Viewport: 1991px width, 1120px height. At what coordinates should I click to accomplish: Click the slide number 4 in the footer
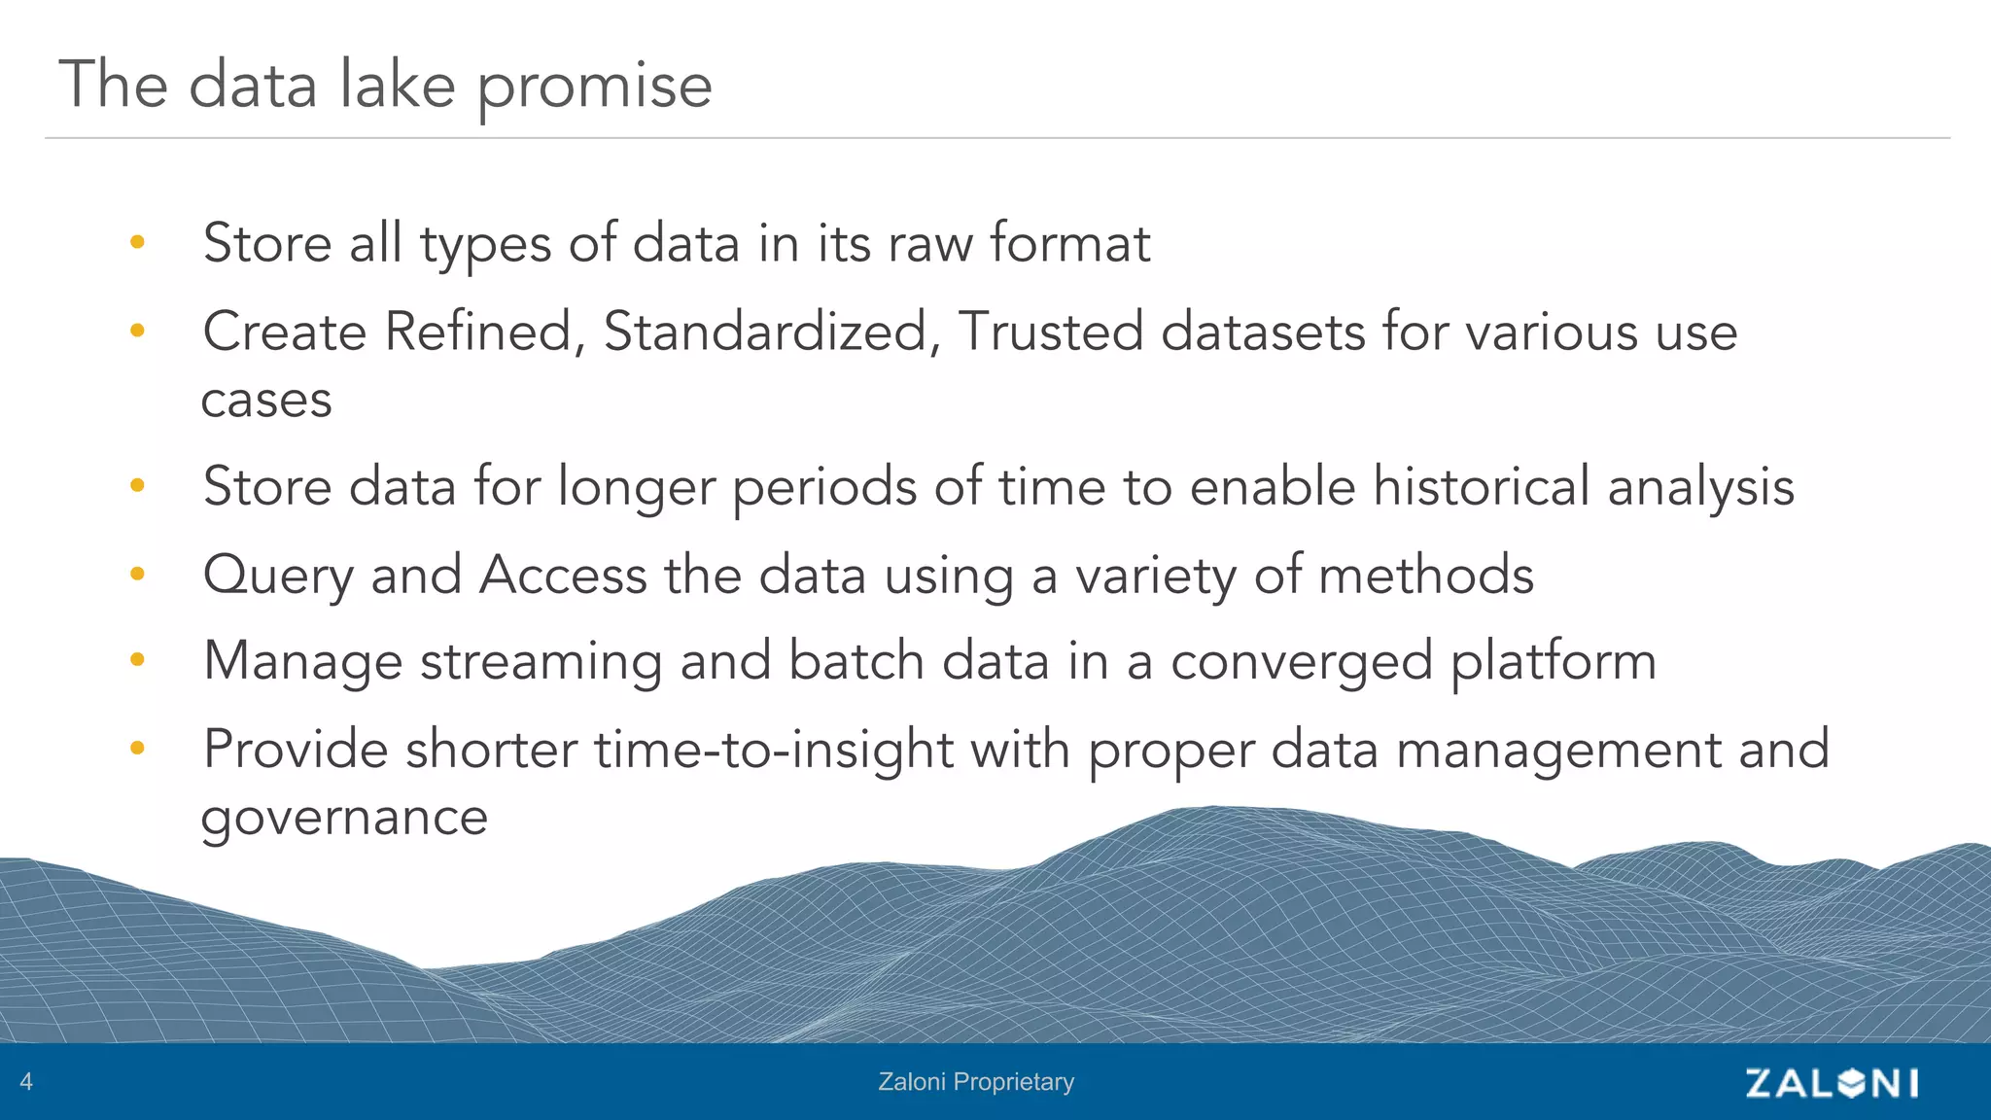coord(26,1081)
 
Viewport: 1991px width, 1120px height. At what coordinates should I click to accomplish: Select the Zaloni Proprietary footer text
coord(976,1081)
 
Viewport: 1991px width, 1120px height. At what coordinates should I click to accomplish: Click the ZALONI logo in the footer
coord(1832,1082)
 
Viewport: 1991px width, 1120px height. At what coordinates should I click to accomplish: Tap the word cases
coord(266,400)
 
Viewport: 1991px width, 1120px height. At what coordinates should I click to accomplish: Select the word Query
coord(278,576)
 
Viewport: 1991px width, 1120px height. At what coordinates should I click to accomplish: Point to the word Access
coord(563,575)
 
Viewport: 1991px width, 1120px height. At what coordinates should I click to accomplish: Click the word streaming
coord(541,662)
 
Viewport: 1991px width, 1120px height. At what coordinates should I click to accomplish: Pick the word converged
coord(1302,662)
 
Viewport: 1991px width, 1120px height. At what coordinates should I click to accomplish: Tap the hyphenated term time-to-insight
coord(774,751)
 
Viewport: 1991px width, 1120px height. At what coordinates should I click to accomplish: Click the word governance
coord(344,818)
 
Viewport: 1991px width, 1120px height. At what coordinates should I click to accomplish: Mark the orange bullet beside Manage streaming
coord(137,660)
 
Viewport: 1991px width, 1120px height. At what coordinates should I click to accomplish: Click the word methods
coord(1425,575)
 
